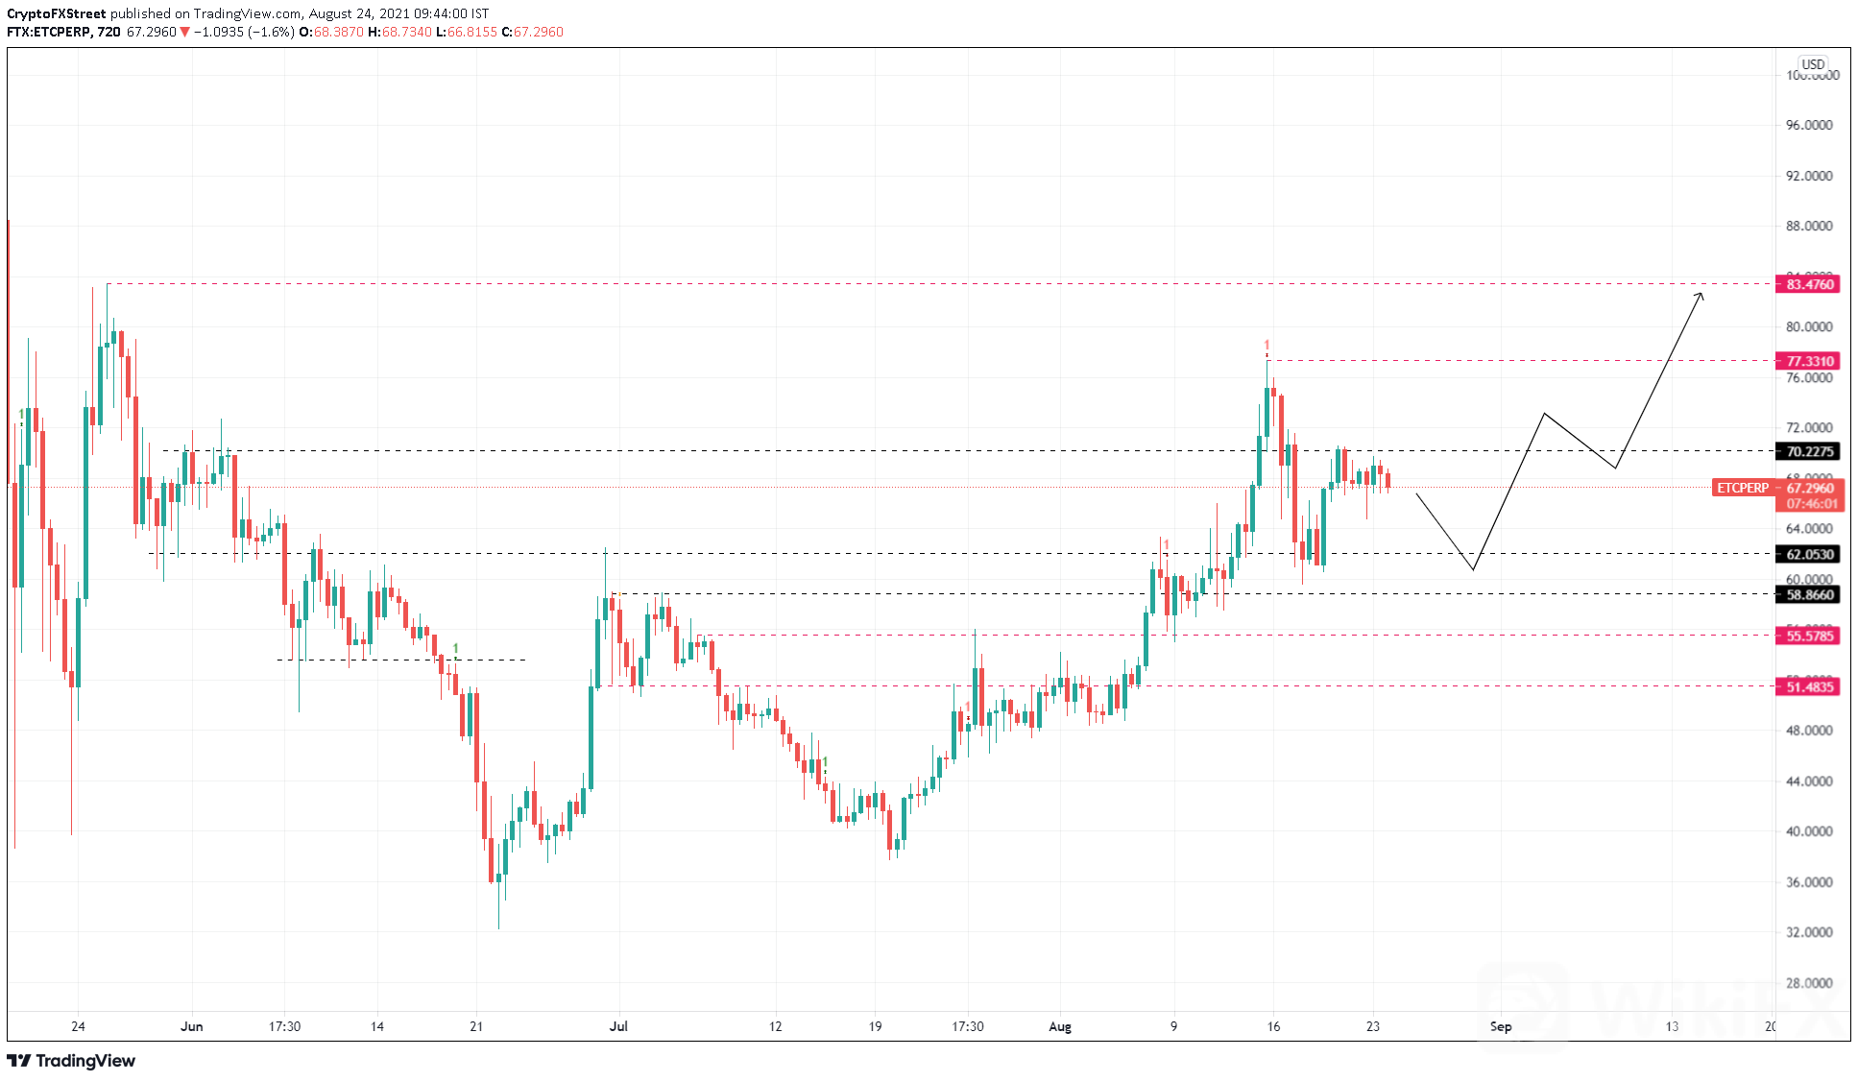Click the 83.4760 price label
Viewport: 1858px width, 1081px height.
(1809, 284)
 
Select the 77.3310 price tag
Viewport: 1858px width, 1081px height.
(1809, 361)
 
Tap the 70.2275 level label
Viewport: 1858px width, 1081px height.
(1809, 451)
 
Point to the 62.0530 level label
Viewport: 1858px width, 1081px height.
(1809, 554)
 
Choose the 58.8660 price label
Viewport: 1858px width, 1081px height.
(1809, 594)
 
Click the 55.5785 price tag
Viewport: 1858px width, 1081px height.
(1809, 636)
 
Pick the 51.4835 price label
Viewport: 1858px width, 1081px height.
(1809, 686)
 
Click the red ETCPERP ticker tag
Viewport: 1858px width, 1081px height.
(1742, 488)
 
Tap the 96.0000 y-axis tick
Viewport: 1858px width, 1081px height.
(1809, 125)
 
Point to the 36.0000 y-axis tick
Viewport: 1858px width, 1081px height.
(1809, 882)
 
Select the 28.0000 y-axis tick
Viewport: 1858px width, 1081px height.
(1809, 983)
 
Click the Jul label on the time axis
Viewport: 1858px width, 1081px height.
(618, 1026)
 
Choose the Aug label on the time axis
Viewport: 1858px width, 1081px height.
(1060, 1026)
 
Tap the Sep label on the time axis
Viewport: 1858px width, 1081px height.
(1501, 1026)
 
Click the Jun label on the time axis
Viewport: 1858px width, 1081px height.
(192, 1026)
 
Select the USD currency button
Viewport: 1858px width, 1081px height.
(1813, 64)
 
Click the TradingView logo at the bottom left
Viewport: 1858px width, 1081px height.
(72, 1061)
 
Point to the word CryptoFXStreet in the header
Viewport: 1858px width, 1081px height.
(57, 13)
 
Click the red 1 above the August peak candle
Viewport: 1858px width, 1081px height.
(1267, 346)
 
